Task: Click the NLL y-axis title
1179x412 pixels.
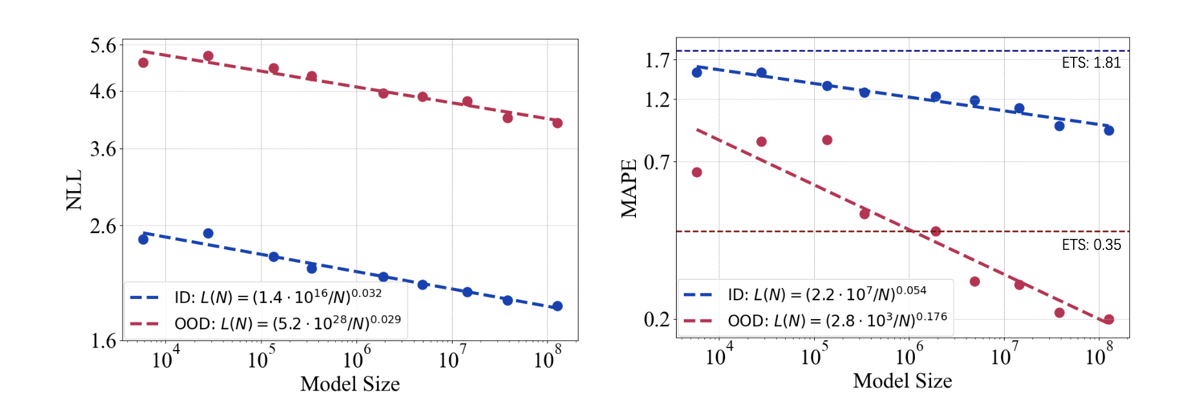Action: point(74,190)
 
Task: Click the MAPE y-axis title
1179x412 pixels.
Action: point(629,189)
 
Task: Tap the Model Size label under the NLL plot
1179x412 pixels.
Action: point(350,384)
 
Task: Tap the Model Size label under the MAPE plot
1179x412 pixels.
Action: point(902,381)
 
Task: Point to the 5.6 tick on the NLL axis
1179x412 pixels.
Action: point(103,46)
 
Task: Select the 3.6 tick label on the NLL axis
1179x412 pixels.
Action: point(103,149)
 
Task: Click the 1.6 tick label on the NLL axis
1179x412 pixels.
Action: point(103,340)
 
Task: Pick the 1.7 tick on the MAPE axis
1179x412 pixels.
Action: point(657,60)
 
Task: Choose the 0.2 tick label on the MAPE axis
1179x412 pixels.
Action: point(657,319)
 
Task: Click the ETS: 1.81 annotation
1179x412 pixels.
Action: point(1091,63)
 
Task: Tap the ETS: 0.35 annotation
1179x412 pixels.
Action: point(1091,245)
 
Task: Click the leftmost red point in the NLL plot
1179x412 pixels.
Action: point(143,63)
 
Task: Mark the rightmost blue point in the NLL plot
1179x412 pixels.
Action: point(557,306)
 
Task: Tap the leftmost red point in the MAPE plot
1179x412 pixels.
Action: point(697,172)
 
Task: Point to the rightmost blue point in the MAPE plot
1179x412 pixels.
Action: point(1109,130)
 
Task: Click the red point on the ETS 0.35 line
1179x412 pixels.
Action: point(936,231)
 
